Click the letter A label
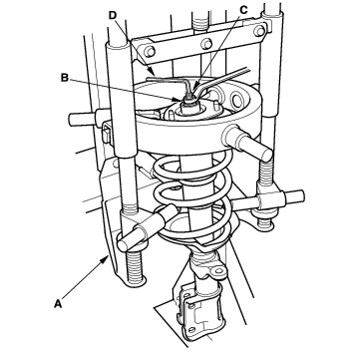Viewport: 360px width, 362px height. [58, 303]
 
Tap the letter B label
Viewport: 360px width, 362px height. [65, 78]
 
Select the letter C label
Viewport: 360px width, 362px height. [243, 10]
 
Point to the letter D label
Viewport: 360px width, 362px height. [113, 15]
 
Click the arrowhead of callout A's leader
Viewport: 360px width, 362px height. [106, 258]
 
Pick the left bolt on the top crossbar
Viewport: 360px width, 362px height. [151, 52]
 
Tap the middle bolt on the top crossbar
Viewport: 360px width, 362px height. [207, 44]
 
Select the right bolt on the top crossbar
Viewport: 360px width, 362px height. [259, 31]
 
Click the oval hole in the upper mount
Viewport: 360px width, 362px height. [237, 100]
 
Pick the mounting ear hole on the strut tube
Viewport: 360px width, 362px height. [219, 270]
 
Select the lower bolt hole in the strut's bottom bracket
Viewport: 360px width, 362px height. [190, 330]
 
